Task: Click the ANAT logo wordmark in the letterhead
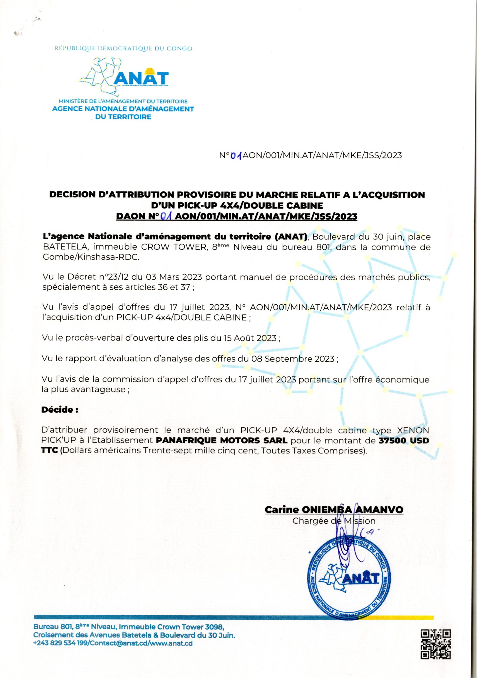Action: (x=141, y=78)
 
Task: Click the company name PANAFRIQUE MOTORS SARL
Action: (x=221, y=441)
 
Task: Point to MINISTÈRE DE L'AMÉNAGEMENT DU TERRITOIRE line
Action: (x=123, y=102)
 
